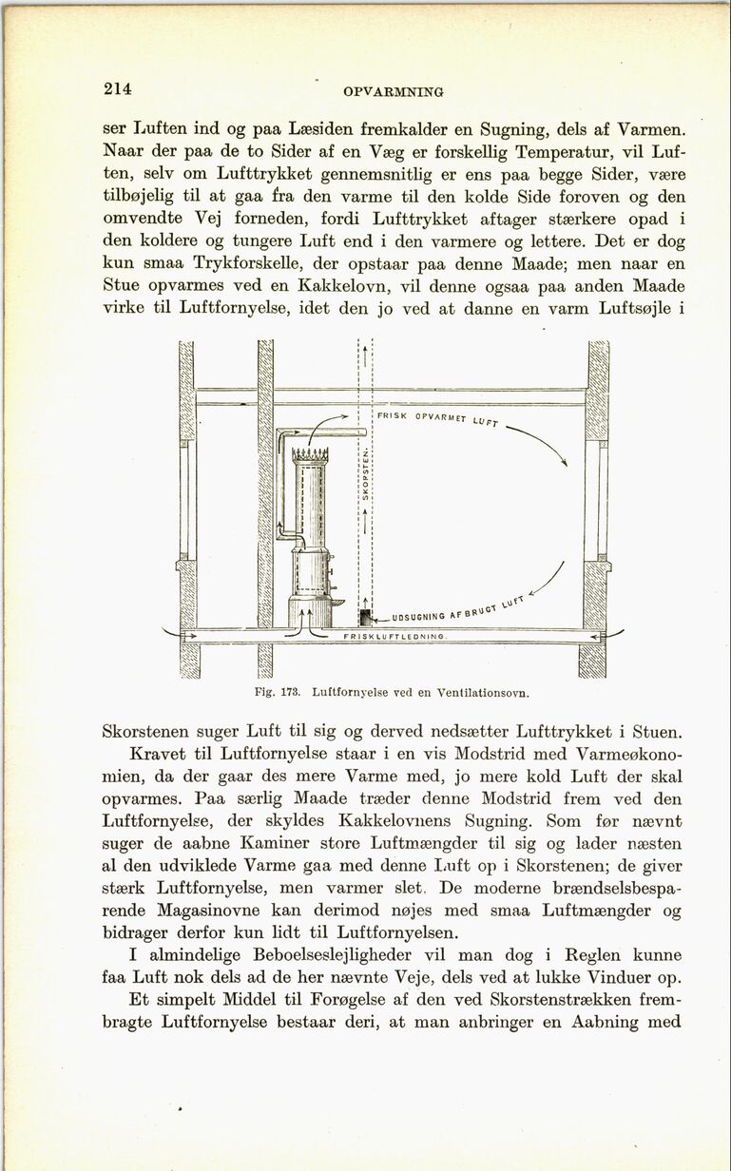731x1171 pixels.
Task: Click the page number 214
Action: pos(117,89)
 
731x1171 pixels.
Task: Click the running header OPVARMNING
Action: pos(393,92)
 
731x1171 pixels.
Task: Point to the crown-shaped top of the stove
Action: pos(310,454)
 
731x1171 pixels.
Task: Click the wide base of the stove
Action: pos(310,612)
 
